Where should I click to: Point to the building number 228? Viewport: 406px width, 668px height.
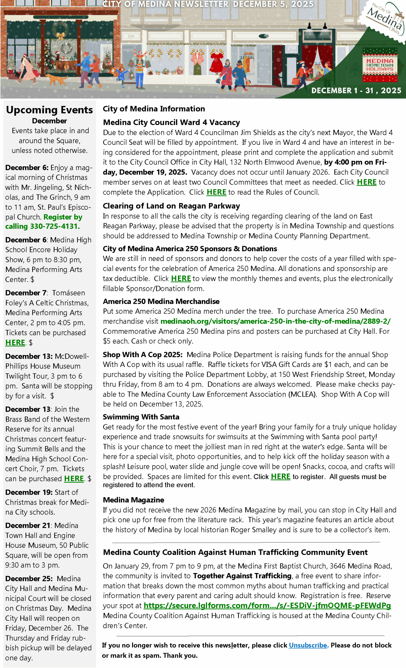(x=131, y=36)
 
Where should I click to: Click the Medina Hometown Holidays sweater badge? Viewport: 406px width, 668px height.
(x=380, y=65)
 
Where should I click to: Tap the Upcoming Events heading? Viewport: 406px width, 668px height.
(x=49, y=110)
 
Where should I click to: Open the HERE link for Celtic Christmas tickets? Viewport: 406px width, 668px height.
(x=15, y=343)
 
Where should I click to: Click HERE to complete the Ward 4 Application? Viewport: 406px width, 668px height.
(x=366, y=182)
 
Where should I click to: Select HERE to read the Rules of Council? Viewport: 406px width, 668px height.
(x=216, y=192)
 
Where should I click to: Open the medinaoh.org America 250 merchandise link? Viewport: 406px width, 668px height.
(x=275, y=321)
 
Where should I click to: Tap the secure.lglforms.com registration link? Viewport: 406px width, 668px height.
(x=267, y=605)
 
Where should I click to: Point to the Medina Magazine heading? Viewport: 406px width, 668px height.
(x=134, y=500)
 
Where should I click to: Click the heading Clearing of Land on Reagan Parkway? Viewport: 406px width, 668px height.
(x=171, y=206)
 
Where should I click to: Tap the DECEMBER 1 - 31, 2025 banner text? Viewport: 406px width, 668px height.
(x=356, y=91)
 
